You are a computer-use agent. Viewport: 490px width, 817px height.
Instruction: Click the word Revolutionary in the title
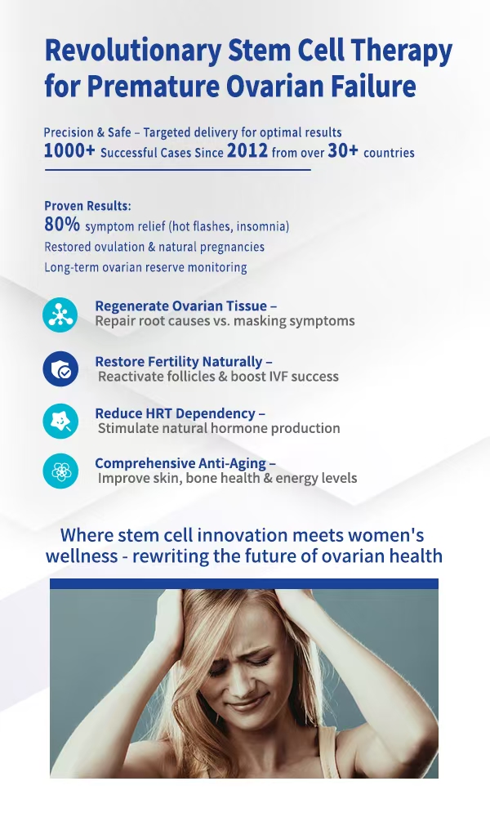[x=133, y=51]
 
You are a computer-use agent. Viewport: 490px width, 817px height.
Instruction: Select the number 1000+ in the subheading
[x=69, y=150]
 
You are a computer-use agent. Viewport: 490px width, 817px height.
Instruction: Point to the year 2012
[x=247, y=150]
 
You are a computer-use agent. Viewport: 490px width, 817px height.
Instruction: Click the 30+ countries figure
[x=343, y=150]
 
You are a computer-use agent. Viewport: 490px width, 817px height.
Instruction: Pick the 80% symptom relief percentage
[x=62, y=224]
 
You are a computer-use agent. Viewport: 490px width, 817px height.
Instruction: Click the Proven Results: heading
[x=87, y=206]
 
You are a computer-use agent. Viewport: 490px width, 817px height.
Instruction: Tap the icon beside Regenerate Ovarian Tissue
[x=60, y=315]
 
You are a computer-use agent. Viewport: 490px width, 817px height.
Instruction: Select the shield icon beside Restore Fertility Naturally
[x=60, y=369]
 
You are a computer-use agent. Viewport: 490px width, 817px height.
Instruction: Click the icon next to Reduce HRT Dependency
[x=60, y=421]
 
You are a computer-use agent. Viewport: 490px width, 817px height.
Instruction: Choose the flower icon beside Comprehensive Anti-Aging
[x=60, y=471]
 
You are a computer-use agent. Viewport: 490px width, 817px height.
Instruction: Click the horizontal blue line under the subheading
[x=177, y=170]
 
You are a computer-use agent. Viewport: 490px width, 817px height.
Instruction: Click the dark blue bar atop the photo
[x=244, y=583]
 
